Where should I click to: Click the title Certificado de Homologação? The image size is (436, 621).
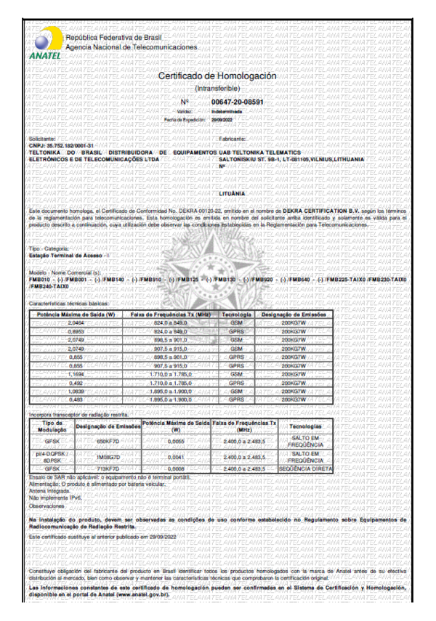tap(217, 76)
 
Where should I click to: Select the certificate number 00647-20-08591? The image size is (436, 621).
tap(237, 102)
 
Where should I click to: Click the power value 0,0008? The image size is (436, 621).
tap(176, 469)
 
